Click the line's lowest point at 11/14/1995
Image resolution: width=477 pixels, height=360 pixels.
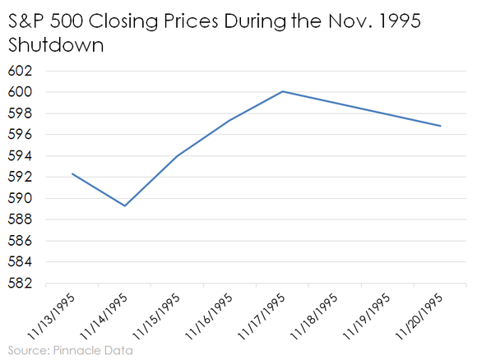pos(125,205)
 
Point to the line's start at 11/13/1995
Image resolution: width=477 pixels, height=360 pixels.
pos(72,173)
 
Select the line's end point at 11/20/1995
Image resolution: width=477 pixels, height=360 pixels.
pos(441,126)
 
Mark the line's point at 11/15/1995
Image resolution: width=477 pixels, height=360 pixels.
pos(178,155)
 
